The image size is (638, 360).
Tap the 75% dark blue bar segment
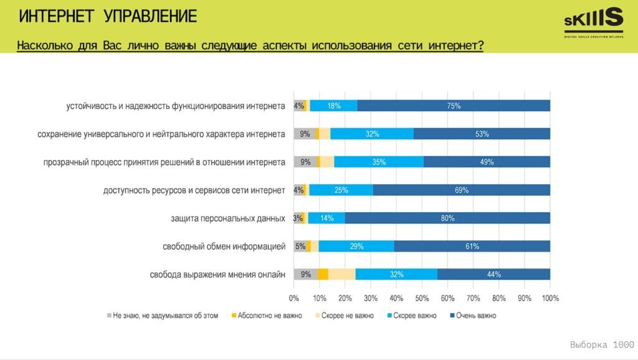click(x=454, y=106)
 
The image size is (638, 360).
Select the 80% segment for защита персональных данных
click(x=447, y=218)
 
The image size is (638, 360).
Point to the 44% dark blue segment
click(x=493, y=274)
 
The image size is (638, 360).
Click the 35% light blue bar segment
click(x=379, y=162)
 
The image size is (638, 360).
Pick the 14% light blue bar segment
click(x=326, y=218)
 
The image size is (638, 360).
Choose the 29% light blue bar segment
click(x=356, y=246)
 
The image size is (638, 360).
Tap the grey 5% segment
click(x=300, y=246)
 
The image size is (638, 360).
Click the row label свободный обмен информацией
click(x=224, y=247)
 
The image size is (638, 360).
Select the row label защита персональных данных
click(x=228, y=219)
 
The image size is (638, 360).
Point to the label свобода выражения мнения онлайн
click(x=217, y=275)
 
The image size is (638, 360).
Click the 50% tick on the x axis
click(x=422, y=298)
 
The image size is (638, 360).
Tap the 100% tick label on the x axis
click(x=550, y=298)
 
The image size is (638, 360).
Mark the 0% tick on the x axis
click(x=293, y=298)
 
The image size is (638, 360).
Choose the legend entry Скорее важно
click(x=415, y=316)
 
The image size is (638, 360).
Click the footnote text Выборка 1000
click(x=602, y=344)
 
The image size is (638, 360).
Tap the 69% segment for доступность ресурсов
click(x=462, y=190)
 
